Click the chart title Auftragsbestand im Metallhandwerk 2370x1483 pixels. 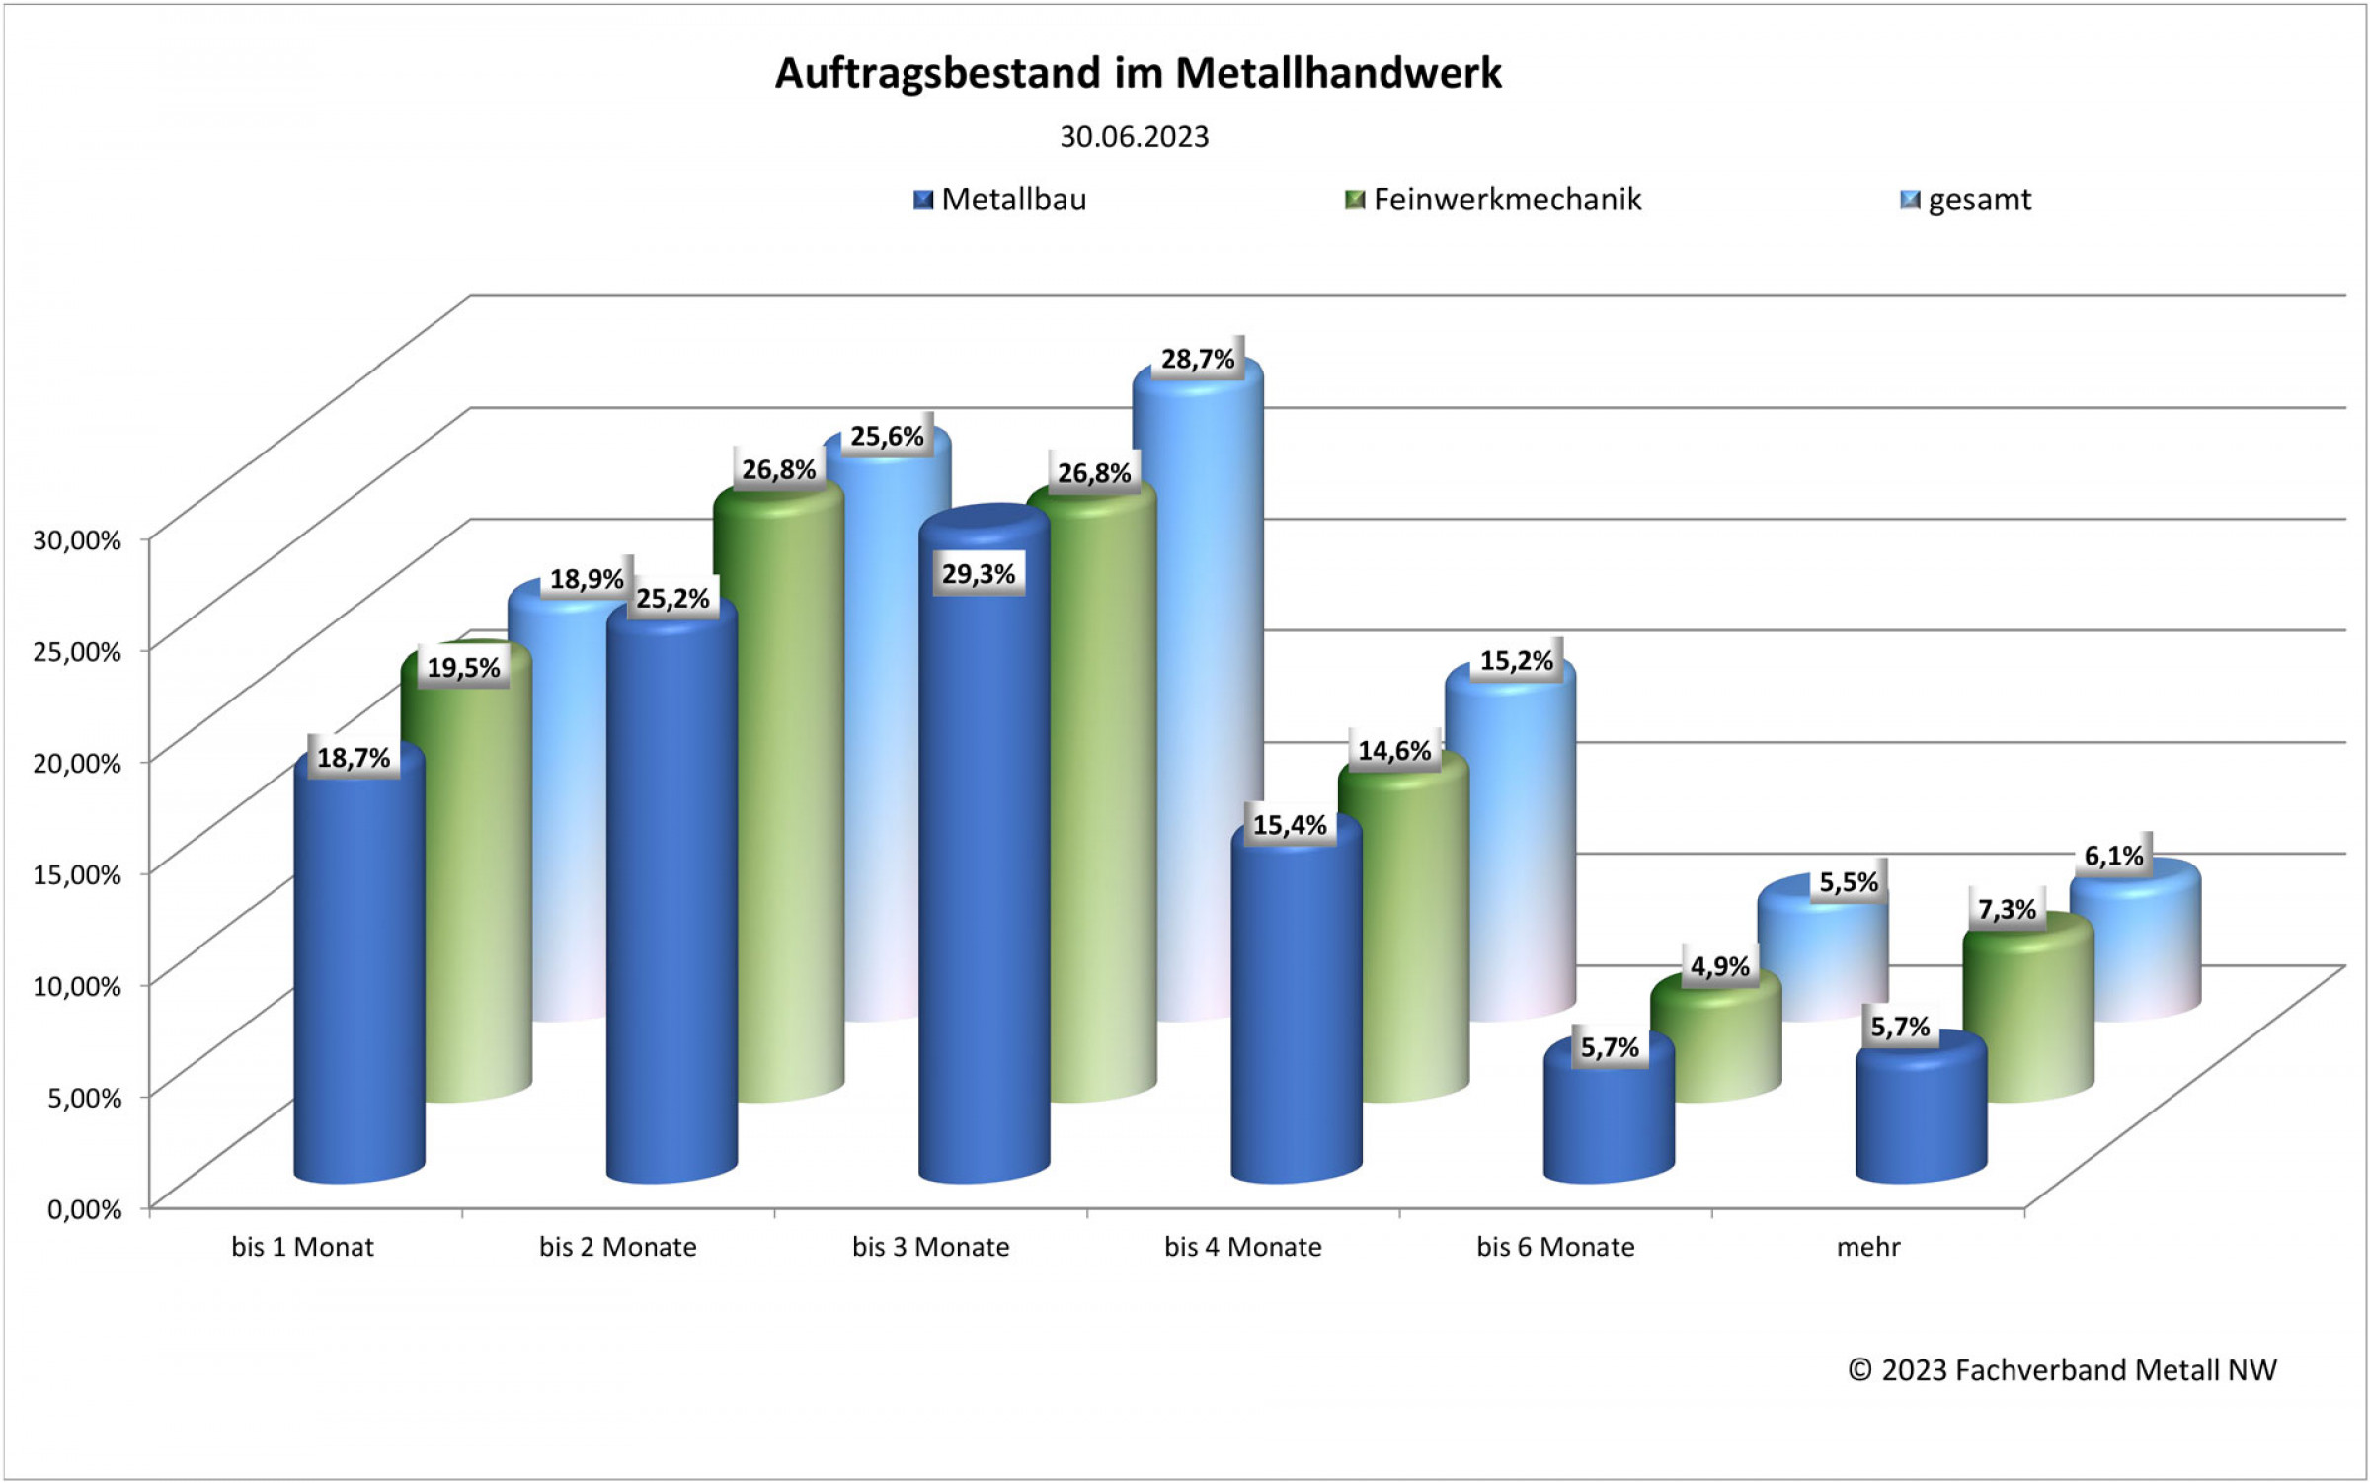(x=1138, y=74)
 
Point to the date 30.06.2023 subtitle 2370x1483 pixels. (x=1134, y=137)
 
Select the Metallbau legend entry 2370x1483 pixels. (x=999, y=200)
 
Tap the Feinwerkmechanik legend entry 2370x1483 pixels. (x=1493, y=200)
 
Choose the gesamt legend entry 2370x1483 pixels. (x=1966, y=201)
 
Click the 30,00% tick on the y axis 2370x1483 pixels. (x=77, y=539)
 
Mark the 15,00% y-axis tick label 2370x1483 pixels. (x=77, y=874)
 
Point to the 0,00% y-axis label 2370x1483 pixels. (x=84, y=1209)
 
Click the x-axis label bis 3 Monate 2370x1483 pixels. (x=930, y=1247)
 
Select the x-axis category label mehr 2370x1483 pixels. (x=1867, y=1247)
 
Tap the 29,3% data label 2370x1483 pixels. (x=978, y=574)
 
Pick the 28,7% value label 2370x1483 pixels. (x=1197, y=359)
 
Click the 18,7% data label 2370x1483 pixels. (x=354, y=758)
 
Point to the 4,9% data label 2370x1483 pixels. (x=1719, y=966)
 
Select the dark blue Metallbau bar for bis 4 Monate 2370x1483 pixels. (x=1296, y=1008)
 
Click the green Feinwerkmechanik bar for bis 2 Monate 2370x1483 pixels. (x=780, y=790)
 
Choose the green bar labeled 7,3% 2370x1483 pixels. (x=2028, y=1018)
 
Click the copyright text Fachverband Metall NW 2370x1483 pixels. (x=2062, y=1370)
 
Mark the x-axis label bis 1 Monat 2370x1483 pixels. (x=302, y=1247)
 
